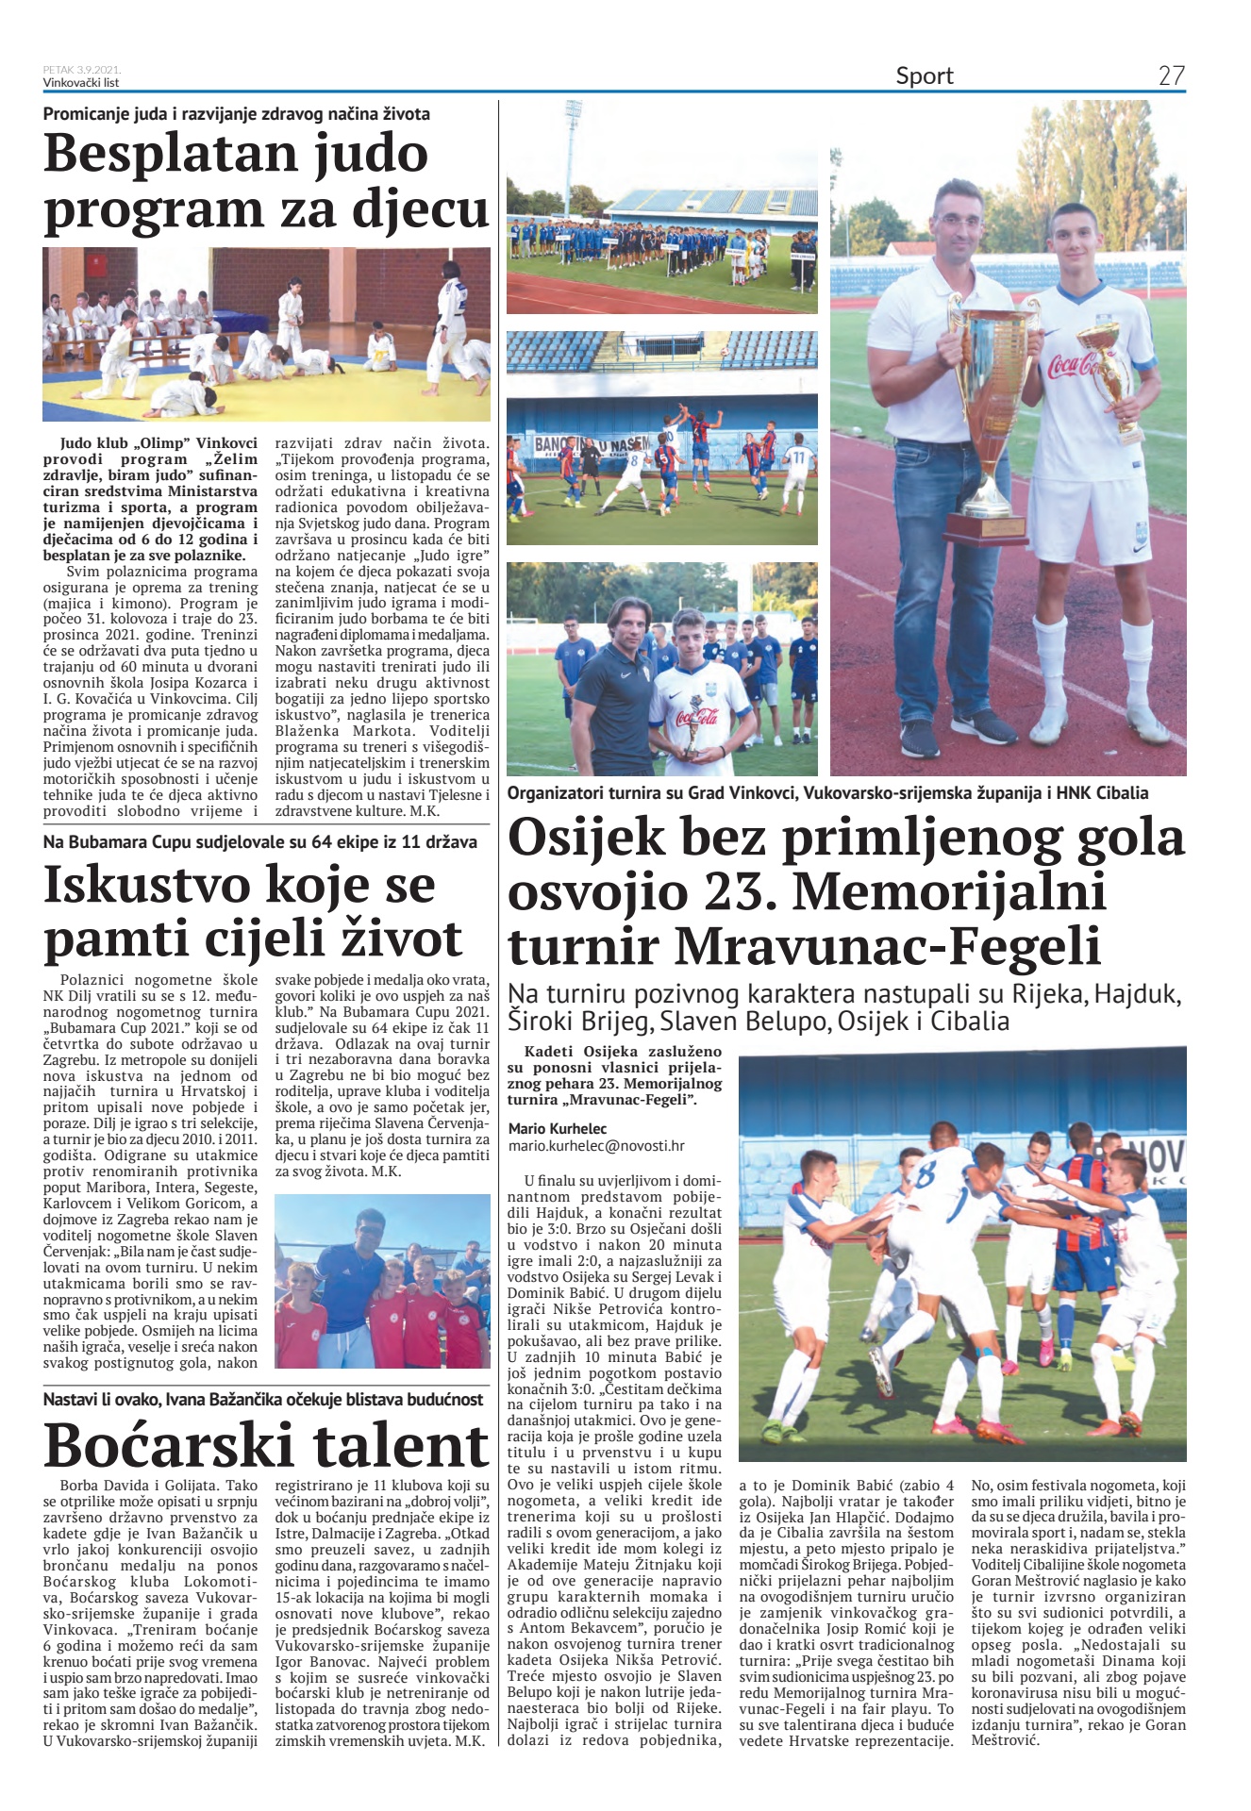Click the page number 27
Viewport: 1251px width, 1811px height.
coord(1171,75)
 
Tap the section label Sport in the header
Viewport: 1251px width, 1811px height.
coord(924,75)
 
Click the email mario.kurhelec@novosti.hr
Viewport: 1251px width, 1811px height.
coord(595,1146)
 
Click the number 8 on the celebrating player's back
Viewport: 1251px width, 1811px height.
coord(926,1175)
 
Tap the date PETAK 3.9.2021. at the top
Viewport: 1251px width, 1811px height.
coord(81,70)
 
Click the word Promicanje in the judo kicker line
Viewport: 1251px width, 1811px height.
coord(88,114)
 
